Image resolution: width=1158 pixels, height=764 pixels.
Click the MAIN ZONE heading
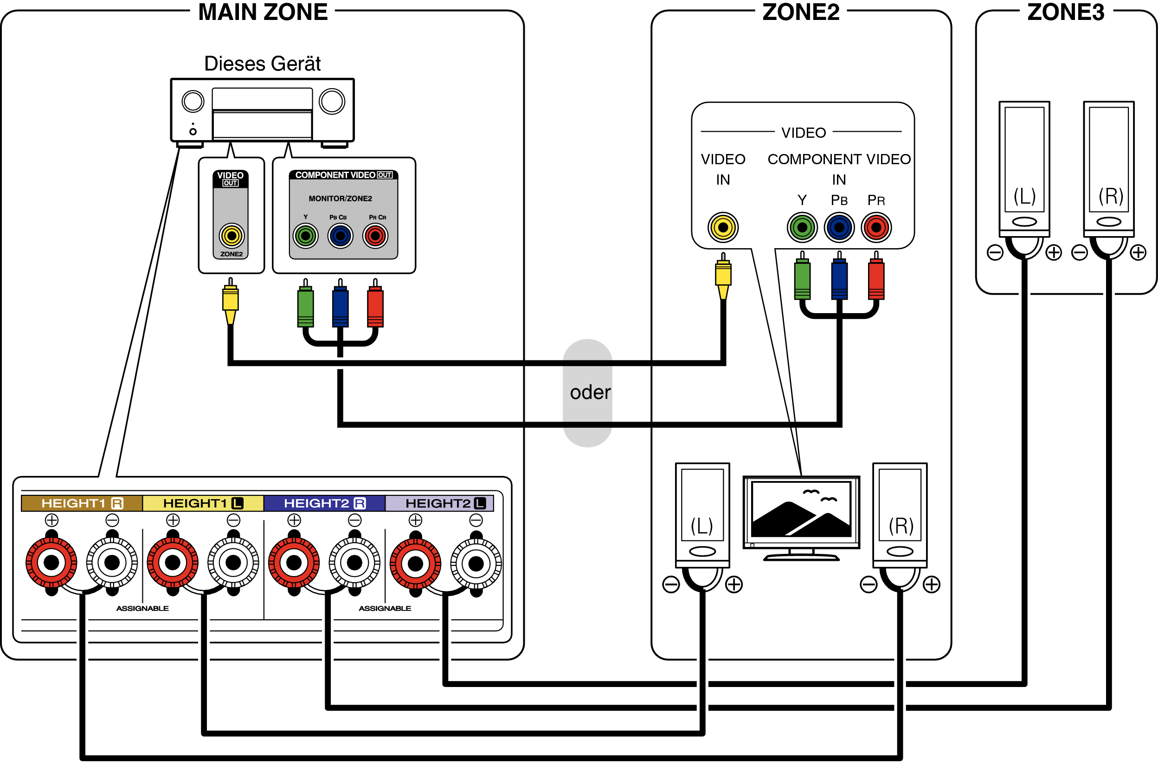coord(263,12)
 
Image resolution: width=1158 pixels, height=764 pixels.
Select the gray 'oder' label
coord(590,392)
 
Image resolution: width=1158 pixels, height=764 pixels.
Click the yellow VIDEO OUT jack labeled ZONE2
coord(232,236)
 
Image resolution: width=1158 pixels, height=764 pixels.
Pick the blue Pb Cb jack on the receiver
coord(340,236)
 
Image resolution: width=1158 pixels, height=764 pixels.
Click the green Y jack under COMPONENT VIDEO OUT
coord(305,236)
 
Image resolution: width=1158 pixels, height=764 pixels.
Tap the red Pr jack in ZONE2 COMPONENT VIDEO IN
coord(875,227)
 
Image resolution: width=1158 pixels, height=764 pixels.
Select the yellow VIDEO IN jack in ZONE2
coord(722,227)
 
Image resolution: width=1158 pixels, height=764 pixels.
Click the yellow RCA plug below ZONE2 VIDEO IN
coord(722,275)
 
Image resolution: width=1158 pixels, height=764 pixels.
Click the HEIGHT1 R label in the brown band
coord(82,503)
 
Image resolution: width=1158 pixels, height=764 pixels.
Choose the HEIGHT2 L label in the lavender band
coord(445,503)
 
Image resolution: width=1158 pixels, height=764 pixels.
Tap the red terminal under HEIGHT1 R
coord(51,563)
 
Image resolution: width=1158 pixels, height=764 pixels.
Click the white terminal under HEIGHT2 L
coord(476,564)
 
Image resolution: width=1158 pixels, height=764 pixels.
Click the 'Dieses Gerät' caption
coord(262,64)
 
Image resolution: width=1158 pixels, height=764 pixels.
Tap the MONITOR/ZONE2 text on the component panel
coord(340,199)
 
